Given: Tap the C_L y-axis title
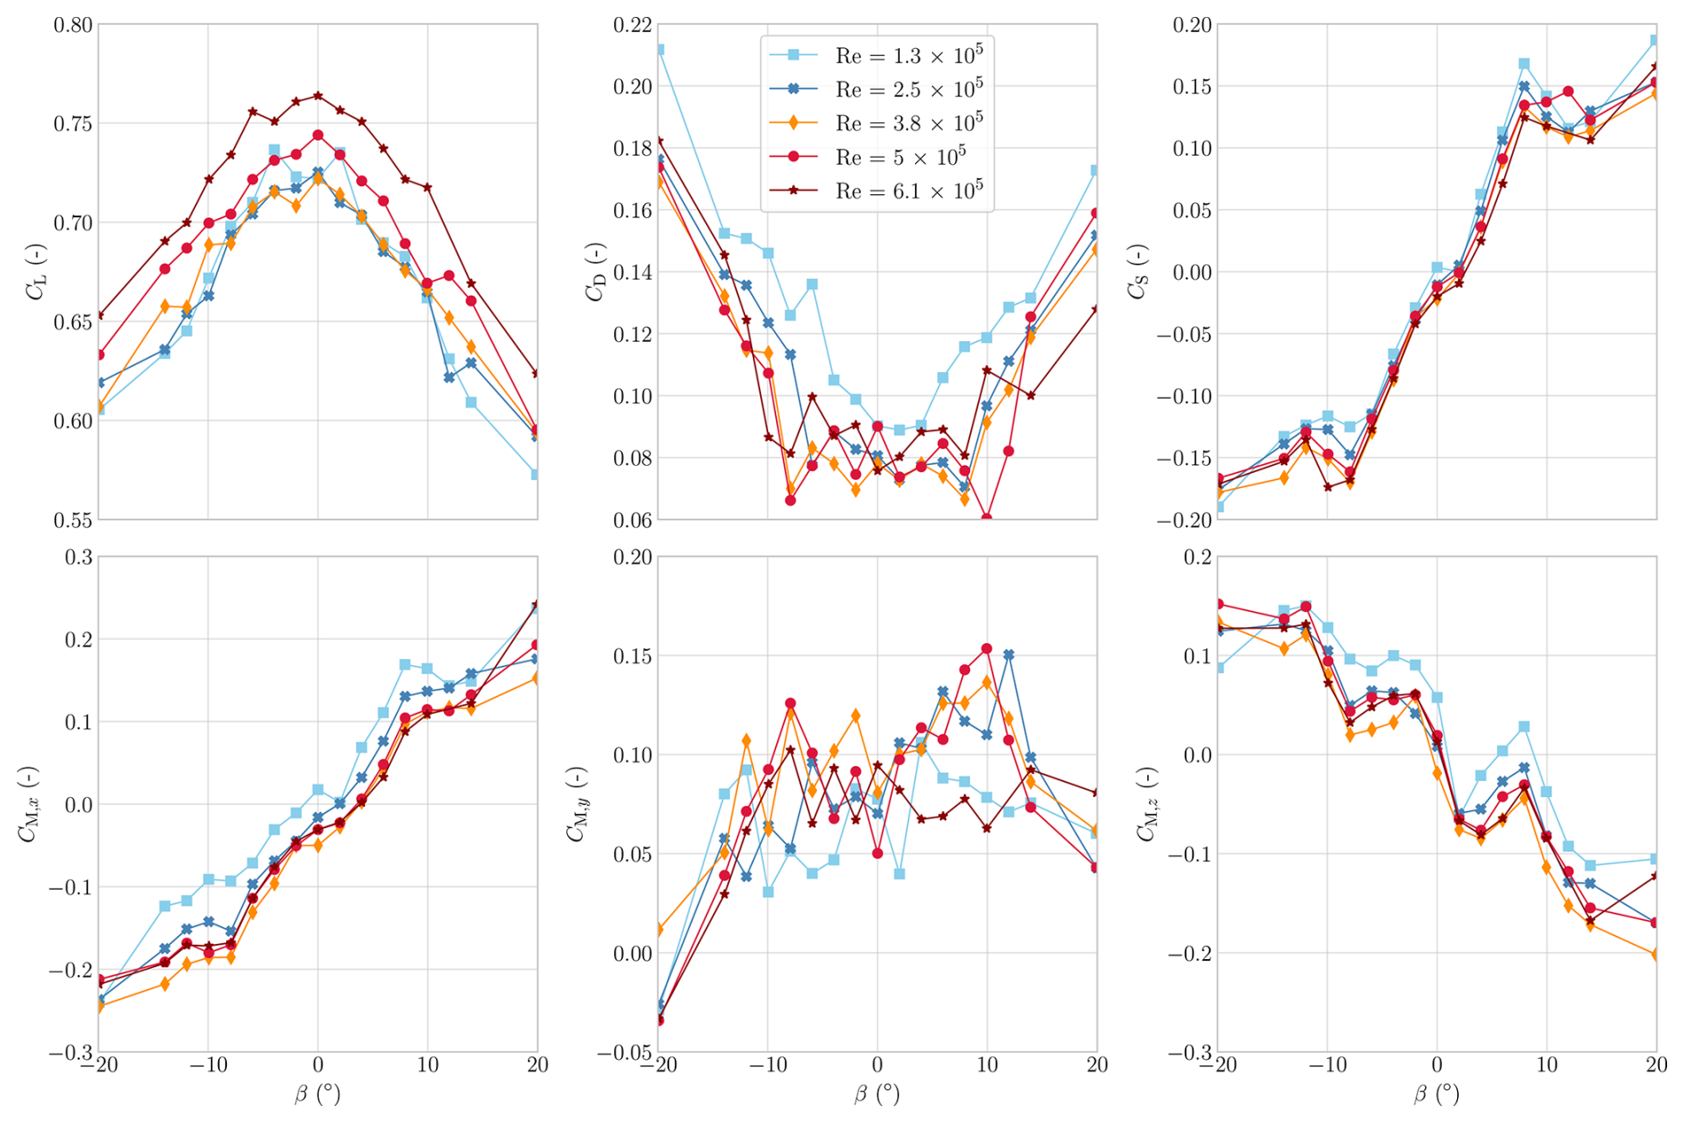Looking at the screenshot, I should point(36,272).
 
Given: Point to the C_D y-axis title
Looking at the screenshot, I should point(595,272).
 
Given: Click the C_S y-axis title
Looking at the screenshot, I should point(1138,272).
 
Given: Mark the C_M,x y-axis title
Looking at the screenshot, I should point(28,804).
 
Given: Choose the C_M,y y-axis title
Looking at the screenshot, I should point(577,804).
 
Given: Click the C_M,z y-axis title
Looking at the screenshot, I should point(1146,804).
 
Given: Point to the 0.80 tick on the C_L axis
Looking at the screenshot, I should point(73,25).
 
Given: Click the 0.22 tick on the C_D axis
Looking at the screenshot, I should point(632,25).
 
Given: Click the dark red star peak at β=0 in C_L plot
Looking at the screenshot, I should point(318,95).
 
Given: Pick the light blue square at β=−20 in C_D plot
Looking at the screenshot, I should point(659,50).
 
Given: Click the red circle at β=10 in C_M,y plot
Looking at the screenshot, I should point(987,649).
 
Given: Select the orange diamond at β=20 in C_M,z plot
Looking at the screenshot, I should point(1656,955).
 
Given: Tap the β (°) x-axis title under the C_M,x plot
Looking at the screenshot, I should point(318,1095).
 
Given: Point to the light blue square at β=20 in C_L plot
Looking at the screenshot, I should point(536,475).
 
